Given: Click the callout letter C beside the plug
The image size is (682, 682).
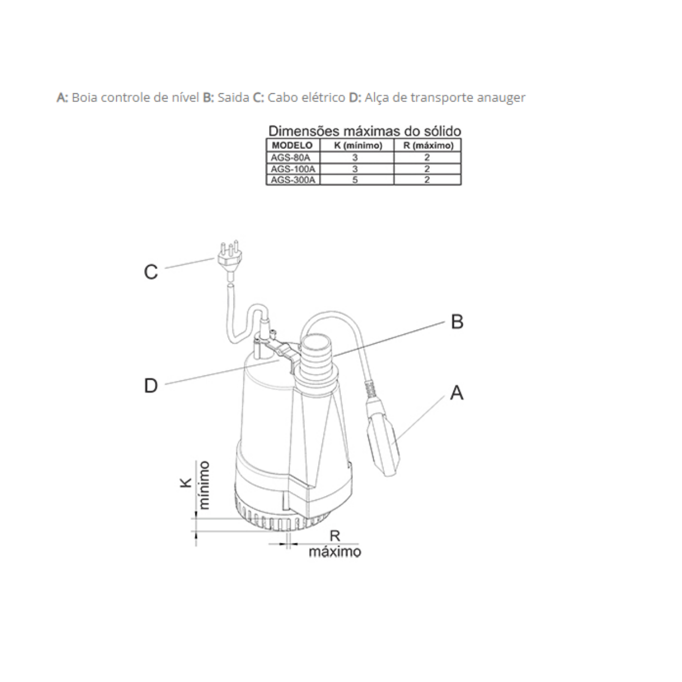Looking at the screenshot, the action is coord(151,272).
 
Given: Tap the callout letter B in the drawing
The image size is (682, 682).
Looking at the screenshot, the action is coord(457,322).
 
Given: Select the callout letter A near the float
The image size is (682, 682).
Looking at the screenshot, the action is coord(457,393).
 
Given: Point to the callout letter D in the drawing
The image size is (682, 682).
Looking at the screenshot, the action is coord(151,385).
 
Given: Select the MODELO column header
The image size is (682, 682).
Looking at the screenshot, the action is coord(292,146).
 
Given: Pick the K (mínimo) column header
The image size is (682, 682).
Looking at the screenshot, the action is coord(358,146).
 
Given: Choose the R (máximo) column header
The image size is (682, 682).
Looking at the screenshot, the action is coord(429,146).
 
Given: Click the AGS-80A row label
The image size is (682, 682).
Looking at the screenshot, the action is coord(290,157).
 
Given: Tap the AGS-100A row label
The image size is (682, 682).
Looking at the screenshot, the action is coord(292,169).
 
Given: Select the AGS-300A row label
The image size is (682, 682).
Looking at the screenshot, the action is coord(292,180).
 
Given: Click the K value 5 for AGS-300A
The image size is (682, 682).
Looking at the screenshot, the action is coord(355,180).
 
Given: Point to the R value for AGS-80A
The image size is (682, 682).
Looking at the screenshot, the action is coord(427,157).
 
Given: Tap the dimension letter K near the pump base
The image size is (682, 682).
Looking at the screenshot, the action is coord(186,483).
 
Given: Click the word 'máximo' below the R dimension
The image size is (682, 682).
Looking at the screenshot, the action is coord(335,552).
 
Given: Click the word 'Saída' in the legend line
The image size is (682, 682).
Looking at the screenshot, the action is coord(233,97).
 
